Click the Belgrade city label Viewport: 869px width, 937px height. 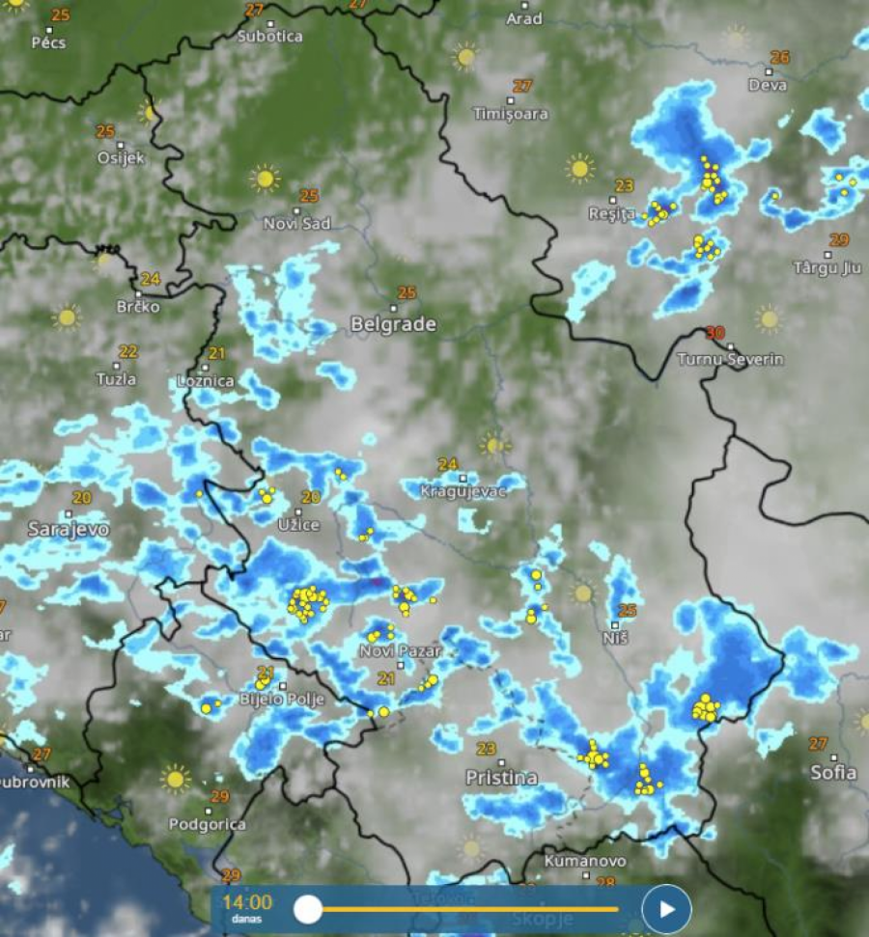coord(393,324)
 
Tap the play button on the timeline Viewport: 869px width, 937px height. coord(666,909)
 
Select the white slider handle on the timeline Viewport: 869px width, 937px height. coord(308,909)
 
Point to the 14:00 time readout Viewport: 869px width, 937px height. coord(247,903)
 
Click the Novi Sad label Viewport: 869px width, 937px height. coord(297,224)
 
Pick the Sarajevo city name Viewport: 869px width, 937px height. coord(69,529)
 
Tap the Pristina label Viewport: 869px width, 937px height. coord(501,777)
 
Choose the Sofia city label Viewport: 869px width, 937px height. coord(833,772)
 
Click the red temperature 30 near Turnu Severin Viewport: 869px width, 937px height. coord(715,333)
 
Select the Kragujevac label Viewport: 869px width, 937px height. coord(463,491)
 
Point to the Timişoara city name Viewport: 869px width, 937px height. coord(511,114)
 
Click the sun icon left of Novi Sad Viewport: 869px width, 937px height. coord(265,179)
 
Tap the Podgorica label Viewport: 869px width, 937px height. coord(207,825)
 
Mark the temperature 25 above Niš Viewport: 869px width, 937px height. coord(628,610)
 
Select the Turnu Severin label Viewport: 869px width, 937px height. coord(730,360)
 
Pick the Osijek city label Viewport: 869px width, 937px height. coord(121,157)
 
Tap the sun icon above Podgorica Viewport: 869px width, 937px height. coord(175,778)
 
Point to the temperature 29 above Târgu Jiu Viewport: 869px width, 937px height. coord(838,240)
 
